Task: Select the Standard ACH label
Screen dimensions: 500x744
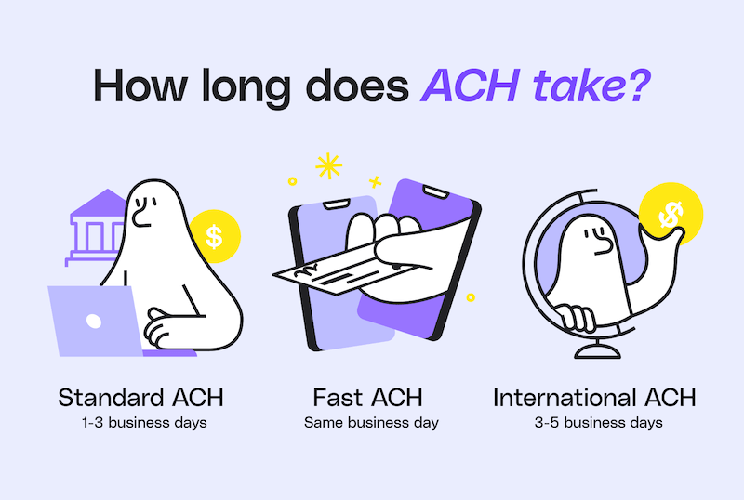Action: pos(141,399)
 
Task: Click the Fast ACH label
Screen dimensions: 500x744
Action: pos(368,399)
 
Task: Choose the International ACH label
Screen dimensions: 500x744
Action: pos(595,399)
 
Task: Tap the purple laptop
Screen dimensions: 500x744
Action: pos(93,321)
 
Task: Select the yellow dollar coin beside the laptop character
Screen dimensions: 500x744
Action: pos(215,236)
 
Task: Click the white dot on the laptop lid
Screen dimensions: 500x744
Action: pos(93,322)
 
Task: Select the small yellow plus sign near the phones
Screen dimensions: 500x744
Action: pos(377,181)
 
